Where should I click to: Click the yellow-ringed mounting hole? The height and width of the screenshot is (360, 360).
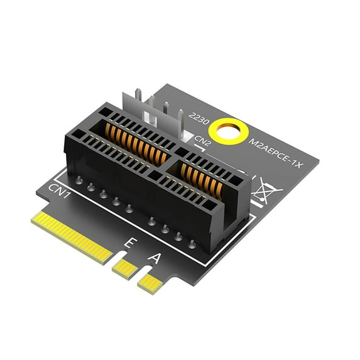click(x=227, y=131)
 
